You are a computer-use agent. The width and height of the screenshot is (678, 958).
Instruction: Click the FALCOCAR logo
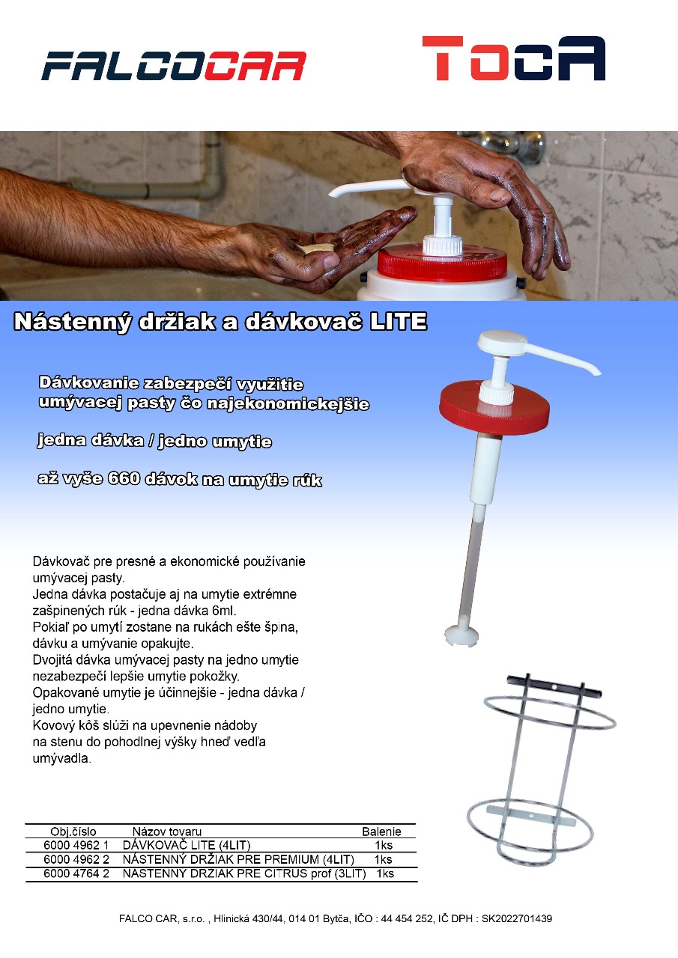tap(174, 66)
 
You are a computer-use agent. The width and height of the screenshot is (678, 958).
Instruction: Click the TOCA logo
tap(514, 58)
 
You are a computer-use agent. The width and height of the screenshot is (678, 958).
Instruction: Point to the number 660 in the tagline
tap(124, 478)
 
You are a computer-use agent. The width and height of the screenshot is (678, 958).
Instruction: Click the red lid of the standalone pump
tap(494, 408)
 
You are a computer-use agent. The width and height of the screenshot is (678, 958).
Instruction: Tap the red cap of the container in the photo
tap(442, 263)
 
